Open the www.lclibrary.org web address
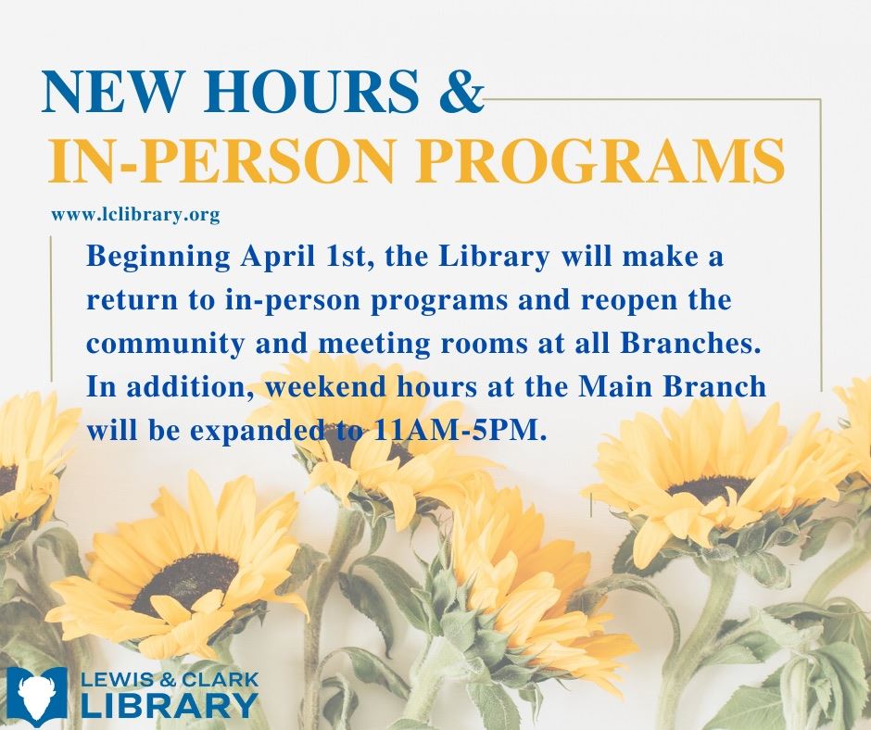pyautogui.click(x=135, y=215)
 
